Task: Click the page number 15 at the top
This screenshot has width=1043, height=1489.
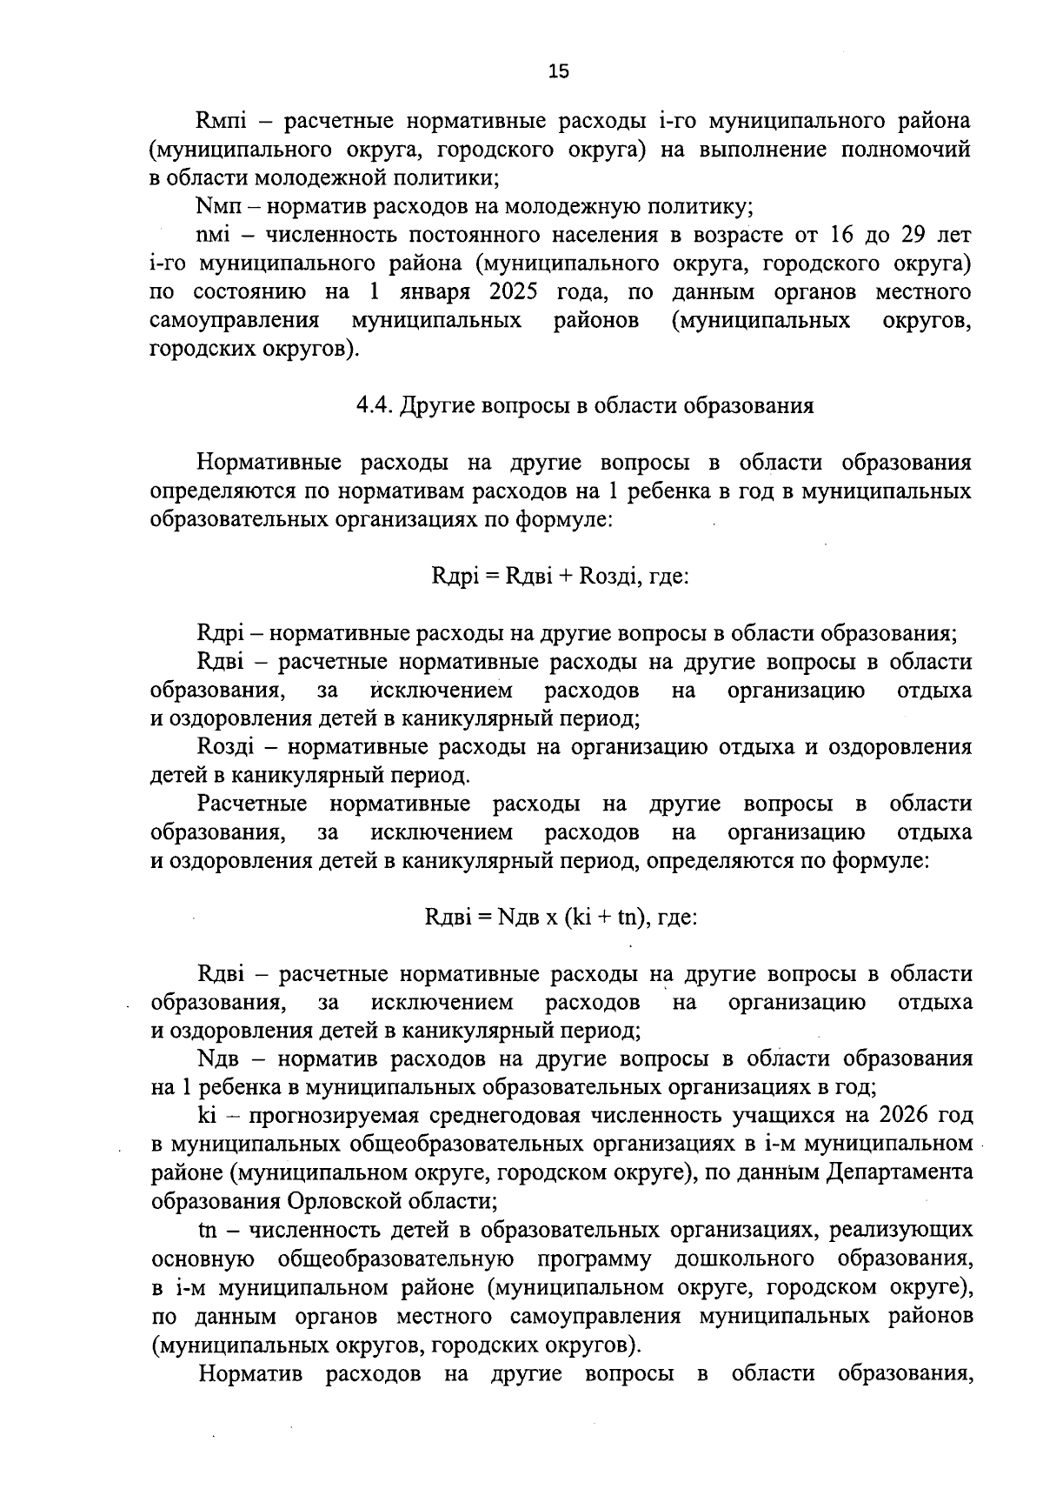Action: [558, 72]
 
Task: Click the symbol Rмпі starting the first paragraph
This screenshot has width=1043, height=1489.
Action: [224, 121]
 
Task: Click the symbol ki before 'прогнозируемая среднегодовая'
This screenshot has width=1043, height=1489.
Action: [207, 1115]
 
